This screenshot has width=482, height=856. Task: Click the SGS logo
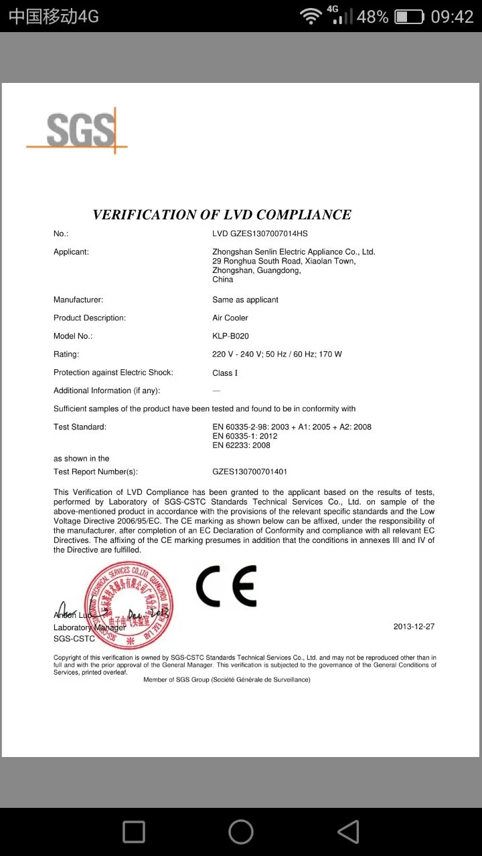(79, 130)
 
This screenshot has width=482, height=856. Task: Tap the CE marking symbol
(226, 586)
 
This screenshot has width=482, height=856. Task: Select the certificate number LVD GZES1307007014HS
(260, 233)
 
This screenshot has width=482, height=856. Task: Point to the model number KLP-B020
(230, 336)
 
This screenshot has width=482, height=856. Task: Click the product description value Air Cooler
(230, 318)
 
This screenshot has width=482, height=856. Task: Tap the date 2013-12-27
(414, 627)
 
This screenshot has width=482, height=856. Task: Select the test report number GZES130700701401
(250, 472)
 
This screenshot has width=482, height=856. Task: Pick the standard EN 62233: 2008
(242, 445)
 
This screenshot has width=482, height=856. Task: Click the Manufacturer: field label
(78, 300)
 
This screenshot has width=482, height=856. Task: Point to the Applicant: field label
(71, 251)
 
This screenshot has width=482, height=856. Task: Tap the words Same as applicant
(245, 300)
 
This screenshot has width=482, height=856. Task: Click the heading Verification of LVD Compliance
(222, 215)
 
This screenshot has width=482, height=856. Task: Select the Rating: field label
(66, 354)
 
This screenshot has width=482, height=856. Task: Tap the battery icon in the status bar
(408, 17)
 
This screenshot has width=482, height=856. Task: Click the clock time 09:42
(452, 17)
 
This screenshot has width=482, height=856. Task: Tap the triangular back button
(348, 832)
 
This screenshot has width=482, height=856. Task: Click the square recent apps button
(134, 832)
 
